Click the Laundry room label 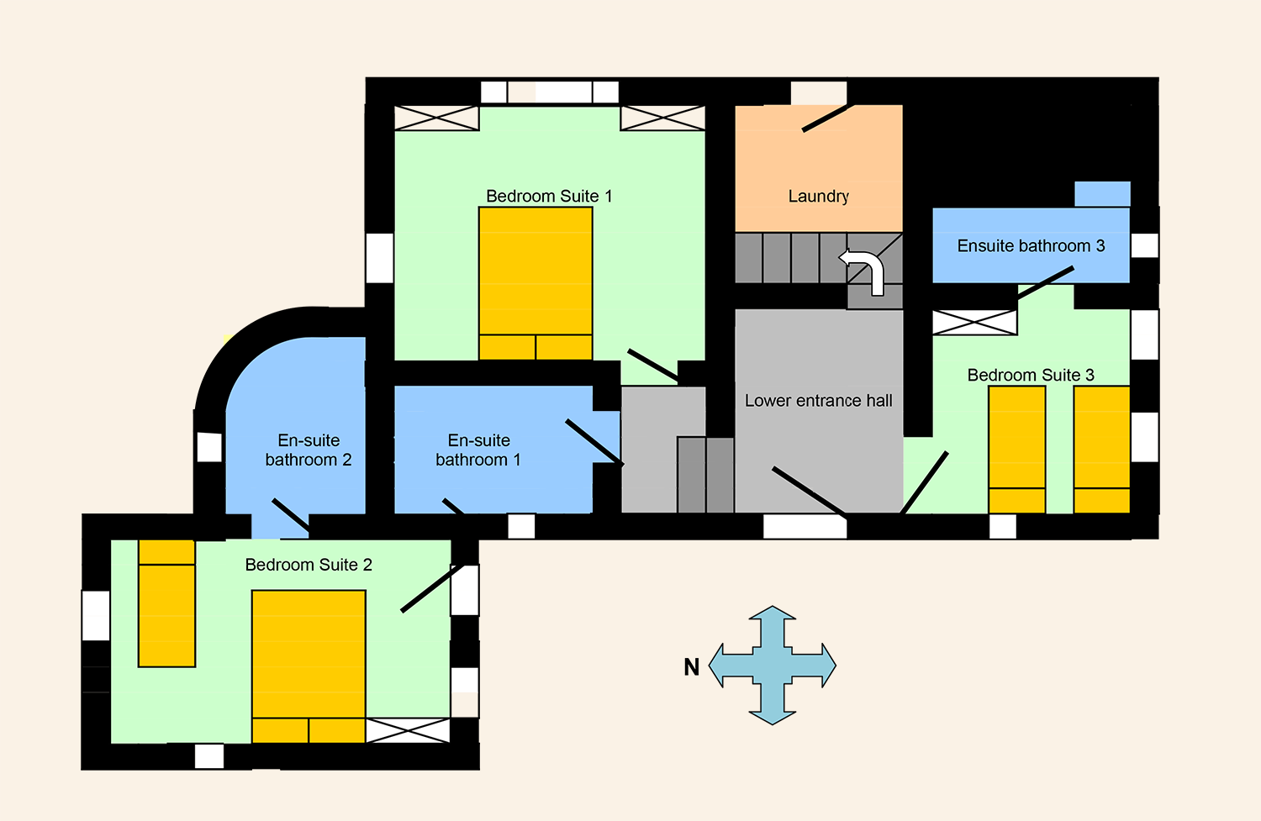[818, 197]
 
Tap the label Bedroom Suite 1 [549, 197]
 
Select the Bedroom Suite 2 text [309, 565]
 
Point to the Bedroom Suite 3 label [1031, 376]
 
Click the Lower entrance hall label [819, 401]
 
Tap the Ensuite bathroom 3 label [1031, 246]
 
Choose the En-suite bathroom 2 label [309, 450]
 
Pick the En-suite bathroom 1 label [478, 450]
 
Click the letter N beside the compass [691, 667]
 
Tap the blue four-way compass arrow [773, 666]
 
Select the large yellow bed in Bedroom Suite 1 [536, 283]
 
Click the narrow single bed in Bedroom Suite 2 [166, 603]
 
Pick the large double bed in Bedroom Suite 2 [309, 666]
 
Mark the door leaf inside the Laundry [828, 118]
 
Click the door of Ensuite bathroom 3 [1046, 282]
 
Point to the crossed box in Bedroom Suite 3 [974, 323]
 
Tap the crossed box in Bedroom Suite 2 [408, 730]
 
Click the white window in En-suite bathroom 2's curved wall [209, 447]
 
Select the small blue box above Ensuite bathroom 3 [1102, 194]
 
